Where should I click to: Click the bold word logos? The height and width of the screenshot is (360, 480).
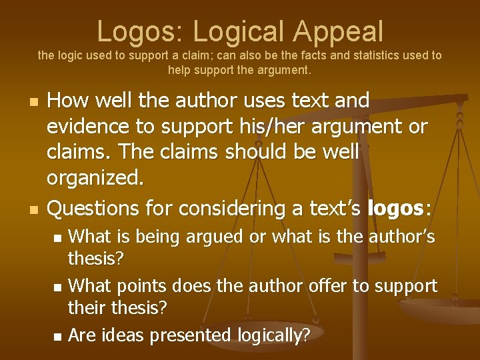(x=395, y=209)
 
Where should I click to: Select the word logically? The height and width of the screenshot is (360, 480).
(x=273, y=335)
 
